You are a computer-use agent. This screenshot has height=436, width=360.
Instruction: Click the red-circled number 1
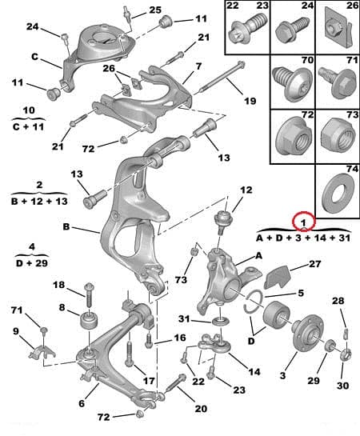pos(303,222)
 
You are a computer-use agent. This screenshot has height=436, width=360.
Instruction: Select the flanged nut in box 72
pos(292,136)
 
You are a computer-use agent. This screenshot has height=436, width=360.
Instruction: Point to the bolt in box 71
pos(338,82)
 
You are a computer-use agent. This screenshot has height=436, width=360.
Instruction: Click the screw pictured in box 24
pos(293,30)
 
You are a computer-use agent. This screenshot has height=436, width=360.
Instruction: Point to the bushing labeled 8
pos(89,321)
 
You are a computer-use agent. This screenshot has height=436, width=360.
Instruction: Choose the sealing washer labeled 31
pos(221,322)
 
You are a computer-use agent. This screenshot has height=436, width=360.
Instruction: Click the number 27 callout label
pos(314,264)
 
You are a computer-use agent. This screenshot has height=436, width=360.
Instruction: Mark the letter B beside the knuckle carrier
pos(66,227)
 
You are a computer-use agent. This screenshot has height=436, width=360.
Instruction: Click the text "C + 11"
pos(28,127)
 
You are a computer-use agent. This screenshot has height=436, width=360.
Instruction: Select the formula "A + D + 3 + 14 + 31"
pos(302,238)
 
